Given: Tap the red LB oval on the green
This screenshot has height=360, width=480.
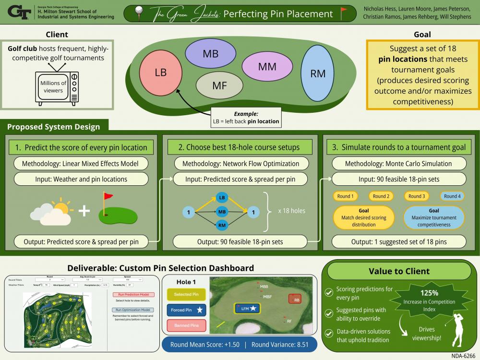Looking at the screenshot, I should pos(160,73).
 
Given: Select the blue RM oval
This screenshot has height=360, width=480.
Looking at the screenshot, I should pos(318,73).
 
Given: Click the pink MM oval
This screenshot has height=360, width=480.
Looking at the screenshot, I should pos(267,67).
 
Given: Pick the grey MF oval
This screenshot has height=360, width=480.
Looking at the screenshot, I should pos(219,85).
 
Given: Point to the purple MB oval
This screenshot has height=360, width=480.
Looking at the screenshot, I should pos(210,53).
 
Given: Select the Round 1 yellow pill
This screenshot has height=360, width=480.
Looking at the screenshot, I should pos(344,196).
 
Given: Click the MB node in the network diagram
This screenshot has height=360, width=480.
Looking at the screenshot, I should pos(222,211).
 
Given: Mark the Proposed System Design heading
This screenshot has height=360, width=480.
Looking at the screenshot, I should pos(54,127).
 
